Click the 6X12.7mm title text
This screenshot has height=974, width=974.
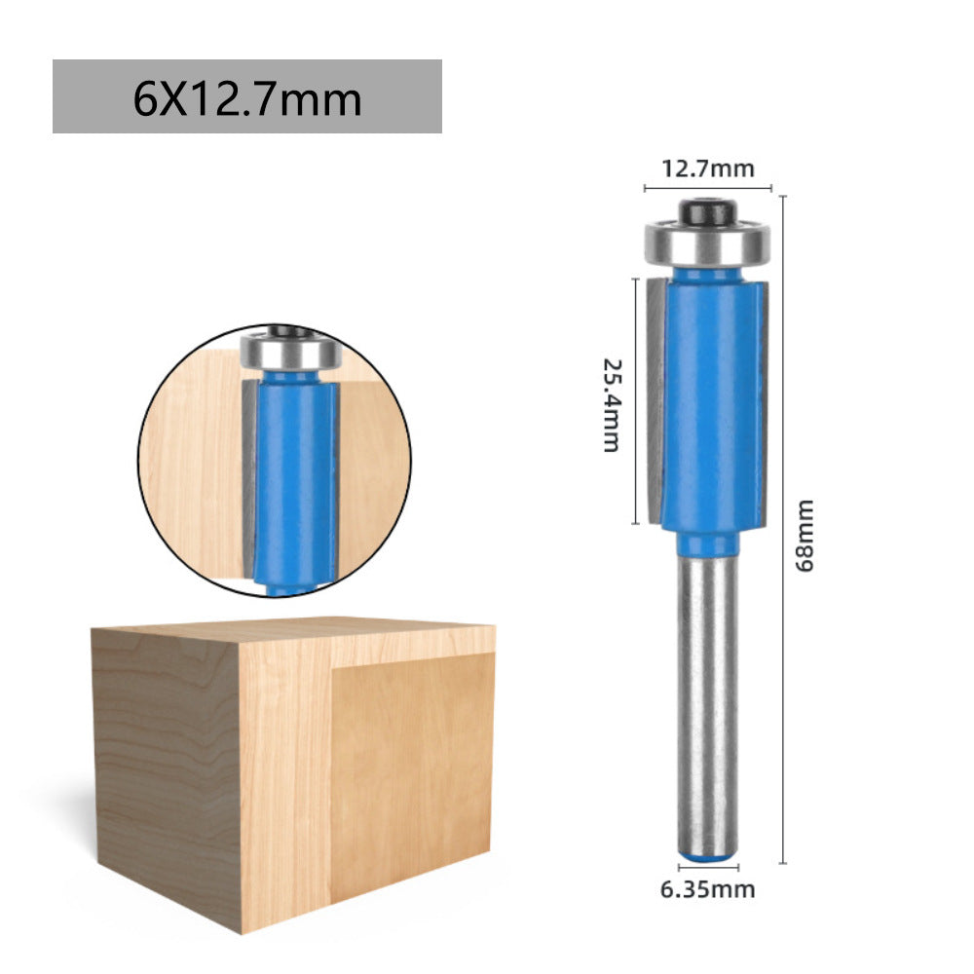coord(247,98)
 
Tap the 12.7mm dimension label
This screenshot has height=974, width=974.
coord(708,169)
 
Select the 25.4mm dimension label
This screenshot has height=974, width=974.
coord(612,404)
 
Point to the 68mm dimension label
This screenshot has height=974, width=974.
coord(805,536)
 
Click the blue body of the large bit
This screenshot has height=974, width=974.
coord(708,399)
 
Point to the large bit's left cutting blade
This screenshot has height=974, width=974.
coord(652,399)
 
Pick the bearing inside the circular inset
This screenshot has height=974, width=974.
coord(288,352)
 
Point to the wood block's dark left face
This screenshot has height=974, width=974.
coord(166,769)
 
